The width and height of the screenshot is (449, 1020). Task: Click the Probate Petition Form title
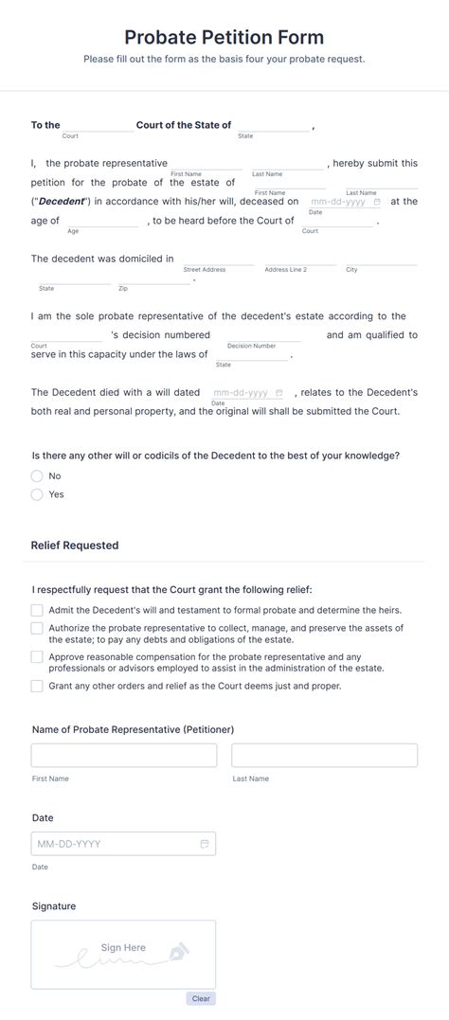[x=224, y=38]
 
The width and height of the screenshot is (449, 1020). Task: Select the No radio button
[x=37, y=476]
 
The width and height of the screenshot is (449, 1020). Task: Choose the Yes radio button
[x=37, y=494]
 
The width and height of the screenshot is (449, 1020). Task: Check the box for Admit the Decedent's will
[x=37, y=611]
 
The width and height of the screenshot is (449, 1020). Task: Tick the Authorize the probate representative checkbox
[x=37, y=628]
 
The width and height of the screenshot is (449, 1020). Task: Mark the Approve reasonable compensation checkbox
[x=37, y=656]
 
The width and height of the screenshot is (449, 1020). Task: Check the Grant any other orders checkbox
[x=37, y=686]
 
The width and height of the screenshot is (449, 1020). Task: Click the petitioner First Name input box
[x=124, y=755]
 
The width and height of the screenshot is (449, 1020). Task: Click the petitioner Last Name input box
[x=324, y=755]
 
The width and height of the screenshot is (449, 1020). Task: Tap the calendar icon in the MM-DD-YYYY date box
[x=205, y=844]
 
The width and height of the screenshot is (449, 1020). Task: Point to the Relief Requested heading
[x=75, y=546]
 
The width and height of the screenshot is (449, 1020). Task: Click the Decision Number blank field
[x=263, y=335]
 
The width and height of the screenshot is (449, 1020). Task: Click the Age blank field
[x=102, y=221]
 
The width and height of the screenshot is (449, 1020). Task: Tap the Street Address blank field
[x=218, y=259]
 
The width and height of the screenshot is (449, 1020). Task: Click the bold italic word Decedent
[x=62, y=202]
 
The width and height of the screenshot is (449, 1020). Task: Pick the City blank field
[x=381, y=259]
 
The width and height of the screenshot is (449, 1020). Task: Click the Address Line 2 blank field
[x=299, y=259]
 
